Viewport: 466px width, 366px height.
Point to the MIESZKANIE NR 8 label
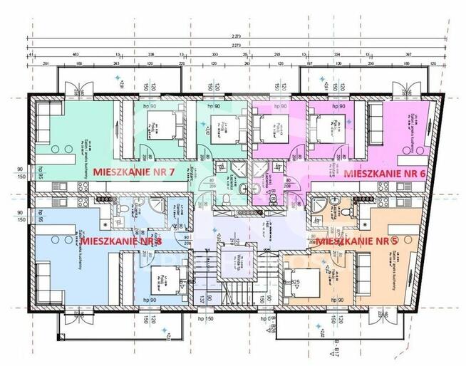(x=122, y=241)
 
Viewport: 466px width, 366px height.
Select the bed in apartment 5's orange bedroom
(x=301, y=274)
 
